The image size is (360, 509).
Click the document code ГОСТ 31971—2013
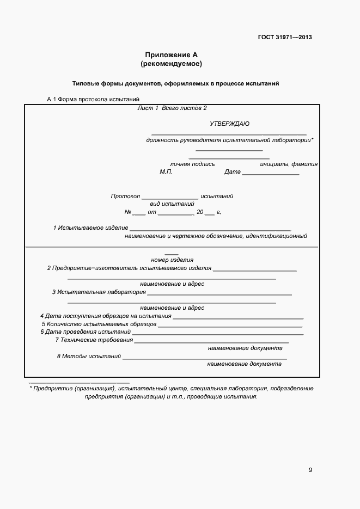pyautogui.click(x=285, y=38)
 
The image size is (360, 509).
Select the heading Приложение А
pyautogui.click(x=170, y=55)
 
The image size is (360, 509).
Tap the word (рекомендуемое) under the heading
pyautogui.click(x=171, y=64)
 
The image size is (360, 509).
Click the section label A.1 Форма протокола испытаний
pyautogui.click(x=93, y=99)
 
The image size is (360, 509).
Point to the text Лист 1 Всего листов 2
pyautogui.click(x=172, y=108)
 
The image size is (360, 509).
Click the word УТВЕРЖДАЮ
pyautogui.click(x=229, y=124)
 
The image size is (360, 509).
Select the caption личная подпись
pyautogui.click(x=192, y=164)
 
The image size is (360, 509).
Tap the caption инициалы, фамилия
pyautogui.click(x=289, y=164)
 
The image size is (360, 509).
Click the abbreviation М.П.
pyautogui.click(x=166, y=172)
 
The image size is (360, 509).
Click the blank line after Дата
pyautogui.click(x=270, y=173)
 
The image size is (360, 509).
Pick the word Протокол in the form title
pyautogui.click(x=125, y=196)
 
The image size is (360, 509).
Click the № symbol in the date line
pyautogui.click(x=128, y=212)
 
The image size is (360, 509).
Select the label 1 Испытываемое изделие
pyautogui.click(x=90, y=227)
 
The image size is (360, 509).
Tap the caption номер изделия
pyautogui.click(x=172, y=260)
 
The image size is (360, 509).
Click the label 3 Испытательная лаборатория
pyautogui.click(x=99, y=292)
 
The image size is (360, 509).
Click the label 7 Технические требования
pyautogui.click(x=94, y=340)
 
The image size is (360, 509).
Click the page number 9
pyautogui.click(x=310, y=470)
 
